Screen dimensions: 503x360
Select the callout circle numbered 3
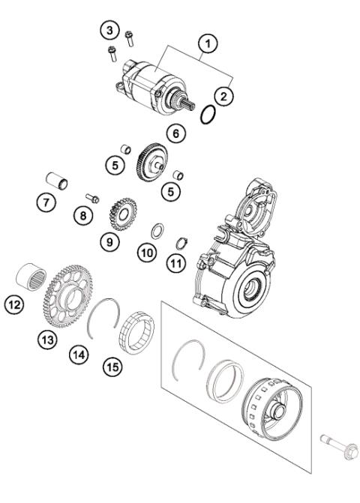coord(110,30)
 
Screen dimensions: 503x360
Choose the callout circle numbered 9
coord(111,243)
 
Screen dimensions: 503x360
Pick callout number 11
coord(176,262)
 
